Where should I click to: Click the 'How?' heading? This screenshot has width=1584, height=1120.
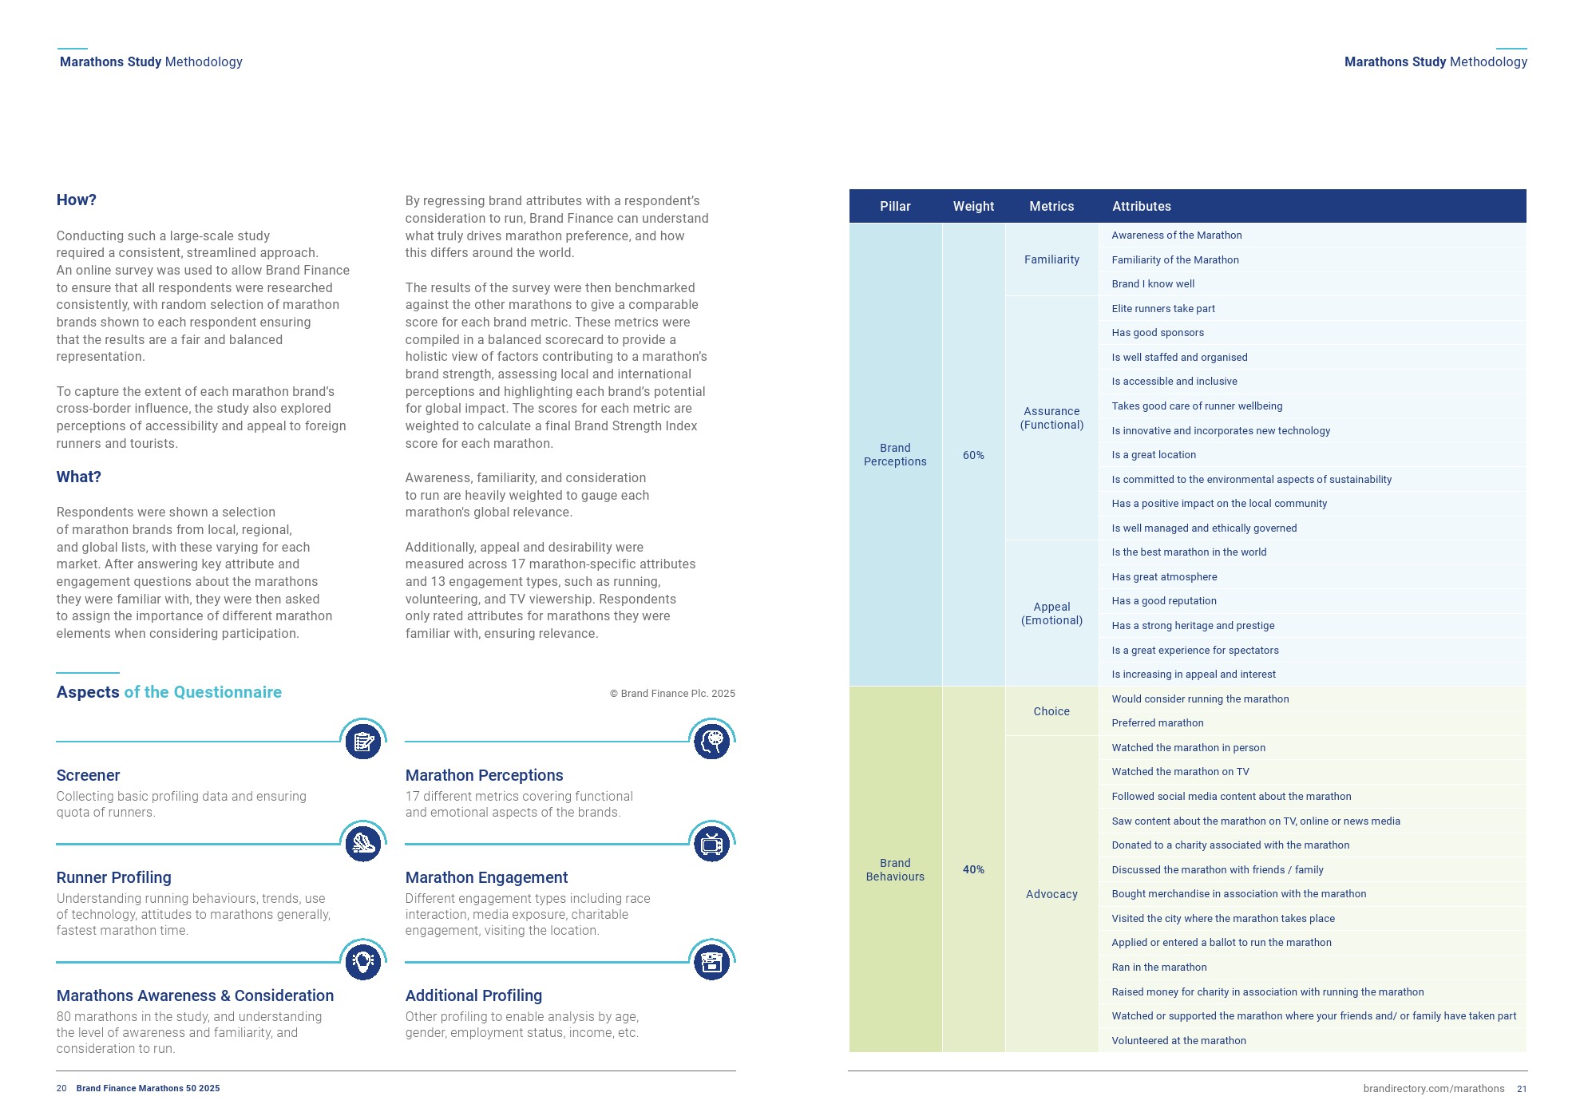76,200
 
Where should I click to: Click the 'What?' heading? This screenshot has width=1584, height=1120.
78,477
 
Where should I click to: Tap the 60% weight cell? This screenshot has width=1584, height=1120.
973,455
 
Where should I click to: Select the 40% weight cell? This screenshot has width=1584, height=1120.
973,869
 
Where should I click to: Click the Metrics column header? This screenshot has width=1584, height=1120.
1051,207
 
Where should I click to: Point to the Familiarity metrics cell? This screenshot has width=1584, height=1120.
1051,259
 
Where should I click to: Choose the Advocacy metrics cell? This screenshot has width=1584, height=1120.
1051,894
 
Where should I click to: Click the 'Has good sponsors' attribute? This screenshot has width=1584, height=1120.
1158,333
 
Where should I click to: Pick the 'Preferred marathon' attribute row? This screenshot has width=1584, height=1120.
1158,723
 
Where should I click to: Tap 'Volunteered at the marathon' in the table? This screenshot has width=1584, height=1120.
1178,1041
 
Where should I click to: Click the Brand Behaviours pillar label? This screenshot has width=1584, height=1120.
895,869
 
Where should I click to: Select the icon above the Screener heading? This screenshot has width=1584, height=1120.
362,742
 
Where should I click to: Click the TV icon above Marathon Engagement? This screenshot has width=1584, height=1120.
711,845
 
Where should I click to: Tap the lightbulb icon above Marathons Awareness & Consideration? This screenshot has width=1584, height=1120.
362,962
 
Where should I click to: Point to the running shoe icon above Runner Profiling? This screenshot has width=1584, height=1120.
362,845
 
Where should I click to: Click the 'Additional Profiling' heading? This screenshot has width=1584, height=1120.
473,995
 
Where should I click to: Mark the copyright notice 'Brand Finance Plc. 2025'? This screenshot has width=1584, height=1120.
672,694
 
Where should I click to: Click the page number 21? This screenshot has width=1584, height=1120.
1522,1089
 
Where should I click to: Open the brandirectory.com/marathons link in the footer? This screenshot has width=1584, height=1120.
1433,1089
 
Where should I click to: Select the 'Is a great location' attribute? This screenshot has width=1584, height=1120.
1154,455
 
